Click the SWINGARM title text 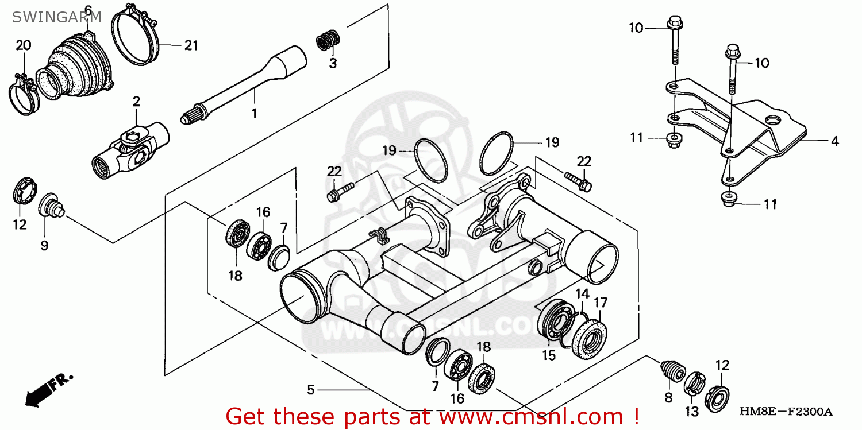(56, 17)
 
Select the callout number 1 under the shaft (254, 113)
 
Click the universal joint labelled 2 (131, 150)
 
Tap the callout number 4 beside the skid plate (834, 141)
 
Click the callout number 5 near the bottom (311, 390)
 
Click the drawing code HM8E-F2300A (786, 412)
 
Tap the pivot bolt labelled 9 (51, 206)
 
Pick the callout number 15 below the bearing (549, 355)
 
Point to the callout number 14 (582, 294)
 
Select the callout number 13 (691, 412)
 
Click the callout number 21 (191, 45)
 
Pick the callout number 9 (45, 245)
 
